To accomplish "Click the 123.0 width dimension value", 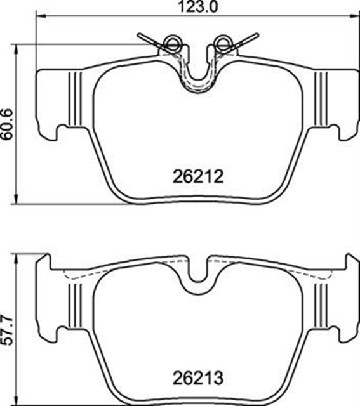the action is click(x=197, y=7).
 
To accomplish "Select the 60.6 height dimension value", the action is click(x=7, y=124).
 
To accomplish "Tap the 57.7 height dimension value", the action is click(x=7, y=330).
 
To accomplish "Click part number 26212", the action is click(x=198, y=176).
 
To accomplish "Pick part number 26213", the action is click(x=198, y=378).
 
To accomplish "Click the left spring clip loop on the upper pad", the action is click(x=172, y=43).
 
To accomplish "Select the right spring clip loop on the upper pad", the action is click(x=223, y=43).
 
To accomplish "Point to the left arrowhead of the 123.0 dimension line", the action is click(x=41, y=16).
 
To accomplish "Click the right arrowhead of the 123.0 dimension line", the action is click(x=354, y=16).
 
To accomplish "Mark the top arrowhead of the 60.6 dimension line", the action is click(x=17, y=49).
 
